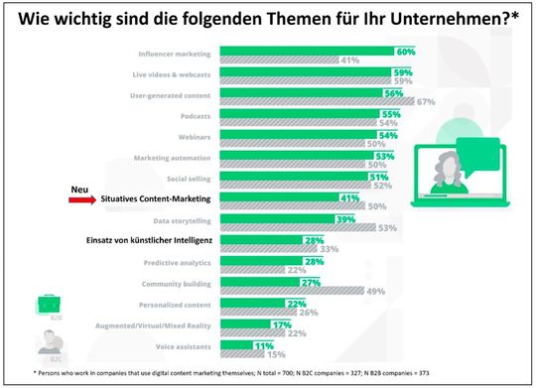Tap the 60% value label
click(x=405, y=51)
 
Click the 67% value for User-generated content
click(x=427, y=101)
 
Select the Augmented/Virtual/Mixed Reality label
click(x=155, y=324)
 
